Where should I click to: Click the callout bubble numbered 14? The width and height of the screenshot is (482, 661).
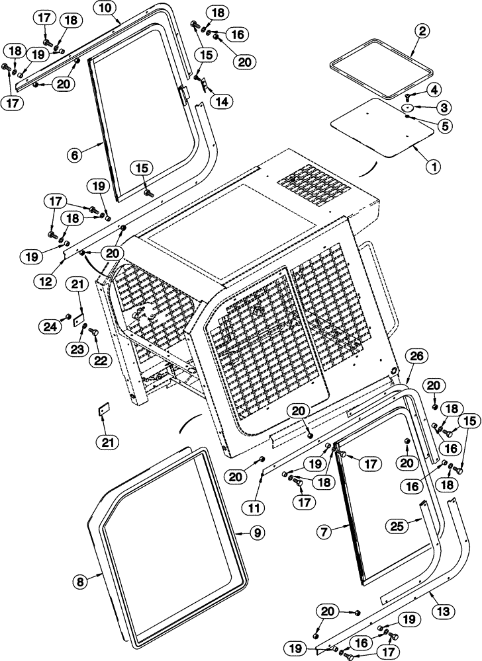tap(221, 101)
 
